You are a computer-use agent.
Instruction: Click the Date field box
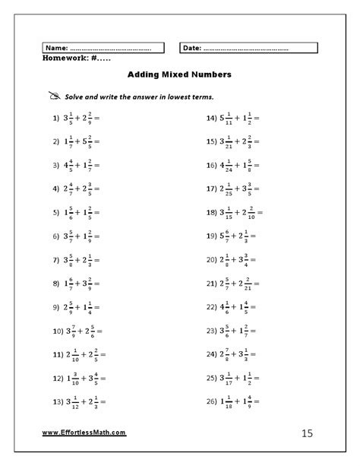[248, 48]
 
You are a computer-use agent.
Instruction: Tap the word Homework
[66, 58]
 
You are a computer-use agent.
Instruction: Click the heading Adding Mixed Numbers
[179, 75]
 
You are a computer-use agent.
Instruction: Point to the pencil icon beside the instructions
[53, 97]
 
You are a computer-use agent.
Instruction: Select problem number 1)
[55, 119]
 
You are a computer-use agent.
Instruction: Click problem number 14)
[212, 119]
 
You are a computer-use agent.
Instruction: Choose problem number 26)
[212, 401]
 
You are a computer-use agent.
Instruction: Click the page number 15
[306, 433]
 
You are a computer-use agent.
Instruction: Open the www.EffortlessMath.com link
[84, 433]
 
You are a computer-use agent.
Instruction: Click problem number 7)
[55, 260]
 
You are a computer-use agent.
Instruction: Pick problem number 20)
[212, 260]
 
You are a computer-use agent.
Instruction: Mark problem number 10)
[54, 331]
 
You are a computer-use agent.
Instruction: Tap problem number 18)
[212, 213]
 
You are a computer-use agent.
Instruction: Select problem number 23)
[212, 331]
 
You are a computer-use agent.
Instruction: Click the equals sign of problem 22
[253, 307]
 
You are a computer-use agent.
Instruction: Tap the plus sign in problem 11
[83, 354]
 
